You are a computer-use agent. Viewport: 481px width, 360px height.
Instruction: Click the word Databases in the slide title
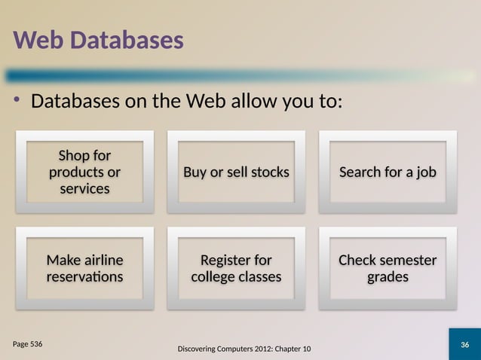click(x=127, y=41)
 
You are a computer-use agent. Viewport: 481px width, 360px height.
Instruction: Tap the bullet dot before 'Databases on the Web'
click(x=17, y=100)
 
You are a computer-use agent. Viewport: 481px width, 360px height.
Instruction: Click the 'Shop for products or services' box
click(x=84, y=172)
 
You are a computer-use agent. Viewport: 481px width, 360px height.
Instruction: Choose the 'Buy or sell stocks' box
click(x=236, y=172)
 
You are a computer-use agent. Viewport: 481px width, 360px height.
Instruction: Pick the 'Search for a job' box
click(x=388, y=172)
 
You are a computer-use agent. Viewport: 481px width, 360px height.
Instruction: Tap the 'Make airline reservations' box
click(x=84, y=268)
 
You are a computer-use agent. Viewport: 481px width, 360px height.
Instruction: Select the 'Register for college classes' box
click(x=236, y=268)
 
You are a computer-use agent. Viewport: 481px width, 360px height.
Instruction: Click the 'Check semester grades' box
click(x=388, y=268)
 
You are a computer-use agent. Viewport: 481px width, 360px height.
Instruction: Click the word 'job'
click(x=424, y=172)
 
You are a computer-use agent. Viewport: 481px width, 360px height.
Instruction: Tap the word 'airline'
click(x=103, y=260)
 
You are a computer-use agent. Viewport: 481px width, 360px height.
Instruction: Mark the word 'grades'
click(x=388, y=276)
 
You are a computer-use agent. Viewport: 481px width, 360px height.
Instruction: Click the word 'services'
click(x=84, y=188)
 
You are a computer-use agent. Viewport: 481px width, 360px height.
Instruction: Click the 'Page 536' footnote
click(x=27, y=343)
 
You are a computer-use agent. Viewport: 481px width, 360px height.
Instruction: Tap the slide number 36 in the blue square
click(x=464, y=345)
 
